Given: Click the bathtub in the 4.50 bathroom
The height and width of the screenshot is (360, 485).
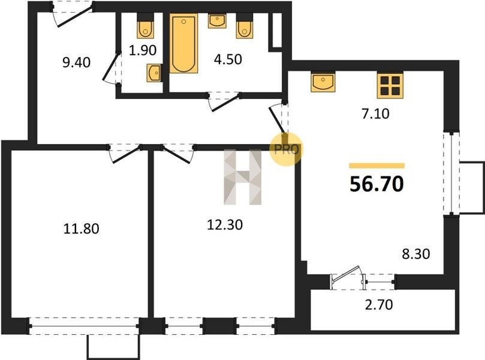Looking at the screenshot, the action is click(x=183, y=43).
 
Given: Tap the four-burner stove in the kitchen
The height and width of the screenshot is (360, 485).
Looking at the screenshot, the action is click(x=390, y=85).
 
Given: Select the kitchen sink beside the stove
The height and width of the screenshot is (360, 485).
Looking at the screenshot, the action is click(x=323, y=82).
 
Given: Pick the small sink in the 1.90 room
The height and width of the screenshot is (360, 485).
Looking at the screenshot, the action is click(x=154, y=73).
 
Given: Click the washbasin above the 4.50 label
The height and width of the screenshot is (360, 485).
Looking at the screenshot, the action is click(x=217, y=21).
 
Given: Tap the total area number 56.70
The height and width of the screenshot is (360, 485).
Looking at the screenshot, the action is click(x=376, y=184).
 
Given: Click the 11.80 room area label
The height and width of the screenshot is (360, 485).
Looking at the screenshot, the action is click(x=81, y=229).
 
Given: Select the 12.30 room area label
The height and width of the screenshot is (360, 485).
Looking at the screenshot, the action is click(x=225, y=225).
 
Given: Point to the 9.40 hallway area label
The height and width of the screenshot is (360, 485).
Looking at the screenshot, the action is click(x=76, y=62).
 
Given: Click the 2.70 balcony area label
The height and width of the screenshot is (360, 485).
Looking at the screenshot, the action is click(x=379, y=305).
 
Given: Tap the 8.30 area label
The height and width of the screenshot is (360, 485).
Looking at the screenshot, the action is click(x=415, y=254).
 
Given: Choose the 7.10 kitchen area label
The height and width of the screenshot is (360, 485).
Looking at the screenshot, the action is click(x=375, y=113).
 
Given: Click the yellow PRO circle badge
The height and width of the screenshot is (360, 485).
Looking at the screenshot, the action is click(x=287, y=149).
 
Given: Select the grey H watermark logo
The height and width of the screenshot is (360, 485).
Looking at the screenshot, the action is click(x=243, y=178).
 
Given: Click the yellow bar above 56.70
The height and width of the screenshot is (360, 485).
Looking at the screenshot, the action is click(x=376, y=165).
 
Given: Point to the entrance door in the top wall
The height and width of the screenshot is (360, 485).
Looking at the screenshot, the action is click(x=74, y=15).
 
